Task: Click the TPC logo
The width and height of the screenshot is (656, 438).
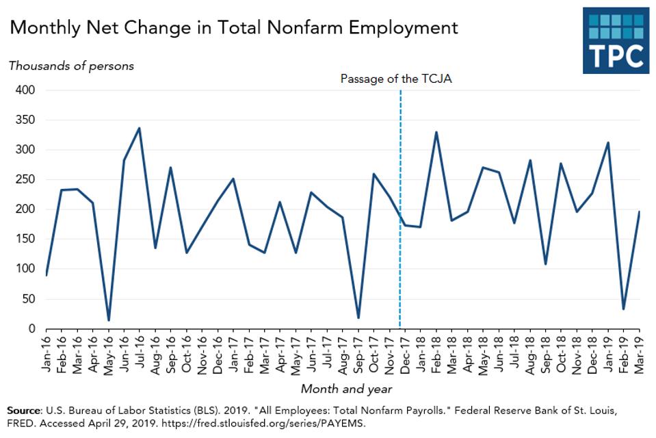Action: coord(615,40)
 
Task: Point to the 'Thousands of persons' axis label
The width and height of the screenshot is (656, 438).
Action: coord(71,66)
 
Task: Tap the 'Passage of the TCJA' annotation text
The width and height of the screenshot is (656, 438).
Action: coord(396,79)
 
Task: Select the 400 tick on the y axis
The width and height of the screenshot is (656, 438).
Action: coord(25,90)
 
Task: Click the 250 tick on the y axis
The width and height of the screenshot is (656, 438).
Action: coord(25,180)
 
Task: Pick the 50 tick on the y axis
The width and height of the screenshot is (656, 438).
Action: coord(29,299)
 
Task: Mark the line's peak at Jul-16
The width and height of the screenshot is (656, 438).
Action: coord(140,128)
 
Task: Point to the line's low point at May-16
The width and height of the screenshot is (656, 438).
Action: coord(109,320)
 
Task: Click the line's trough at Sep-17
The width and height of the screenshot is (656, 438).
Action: coord(358,318)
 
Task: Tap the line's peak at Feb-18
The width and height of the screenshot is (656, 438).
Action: coord(436,132)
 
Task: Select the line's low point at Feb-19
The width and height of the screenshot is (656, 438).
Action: coord(624,309)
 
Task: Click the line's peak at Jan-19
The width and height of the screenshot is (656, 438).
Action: coord(608,143)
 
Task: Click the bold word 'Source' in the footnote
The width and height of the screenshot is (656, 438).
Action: coord(23,411)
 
